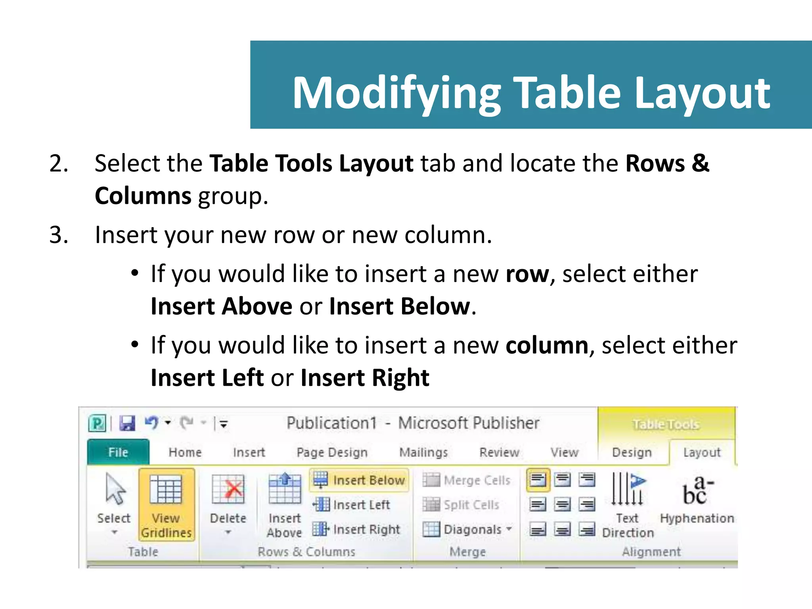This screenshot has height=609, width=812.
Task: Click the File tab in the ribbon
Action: [x=118, y=452]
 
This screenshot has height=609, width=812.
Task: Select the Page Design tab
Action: [x=332, y=452]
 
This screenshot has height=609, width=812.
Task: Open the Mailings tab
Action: [x=423, y=452]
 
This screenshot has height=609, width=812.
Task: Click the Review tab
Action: [x=499, y=452]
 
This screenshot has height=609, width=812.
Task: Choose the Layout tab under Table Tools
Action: [x=702, y=452]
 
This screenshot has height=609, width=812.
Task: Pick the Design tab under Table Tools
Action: [x=632, y=452]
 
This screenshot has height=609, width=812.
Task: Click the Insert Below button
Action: [x=359, y=480]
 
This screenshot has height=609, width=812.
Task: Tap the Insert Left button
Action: [x=352, y=505]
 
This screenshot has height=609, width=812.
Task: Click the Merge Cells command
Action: [x=467, y=480]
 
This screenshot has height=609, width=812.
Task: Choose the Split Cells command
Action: [x=461, y=505]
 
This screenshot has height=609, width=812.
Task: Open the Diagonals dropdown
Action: [x=468, y=529]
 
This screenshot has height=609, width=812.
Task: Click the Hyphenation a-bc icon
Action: [x=697, y=492]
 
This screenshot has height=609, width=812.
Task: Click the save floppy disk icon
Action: [x=128, y=423]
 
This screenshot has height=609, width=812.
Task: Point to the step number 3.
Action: [x=58, y=235]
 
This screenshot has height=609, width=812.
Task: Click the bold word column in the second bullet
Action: [x=547, y=345]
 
